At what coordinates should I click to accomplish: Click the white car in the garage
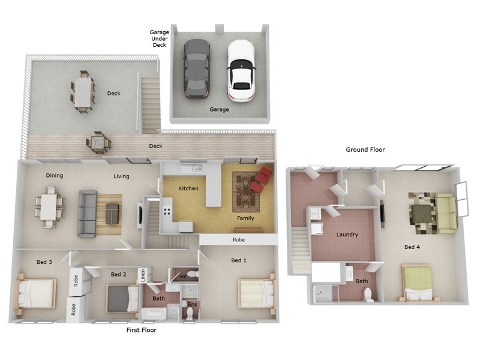point(241,70)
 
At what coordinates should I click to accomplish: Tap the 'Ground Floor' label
point(365,149)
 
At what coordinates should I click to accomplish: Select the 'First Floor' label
point(141,330)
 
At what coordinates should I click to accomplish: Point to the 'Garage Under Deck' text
point(159,38)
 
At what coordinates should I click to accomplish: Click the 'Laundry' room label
point(347,235)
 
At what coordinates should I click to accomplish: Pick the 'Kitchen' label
point(188,188)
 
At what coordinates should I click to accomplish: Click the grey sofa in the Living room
point(87,214)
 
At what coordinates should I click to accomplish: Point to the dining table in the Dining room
point(49,207)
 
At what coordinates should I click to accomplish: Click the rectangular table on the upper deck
point(83,92)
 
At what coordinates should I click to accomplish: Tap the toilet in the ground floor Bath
point(368,294)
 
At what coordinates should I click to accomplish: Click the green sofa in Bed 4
point(446,213)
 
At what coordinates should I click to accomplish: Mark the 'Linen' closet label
point(142,275)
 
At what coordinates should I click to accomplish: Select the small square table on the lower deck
point(98,143)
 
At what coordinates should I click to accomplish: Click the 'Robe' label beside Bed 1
point(238,239)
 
